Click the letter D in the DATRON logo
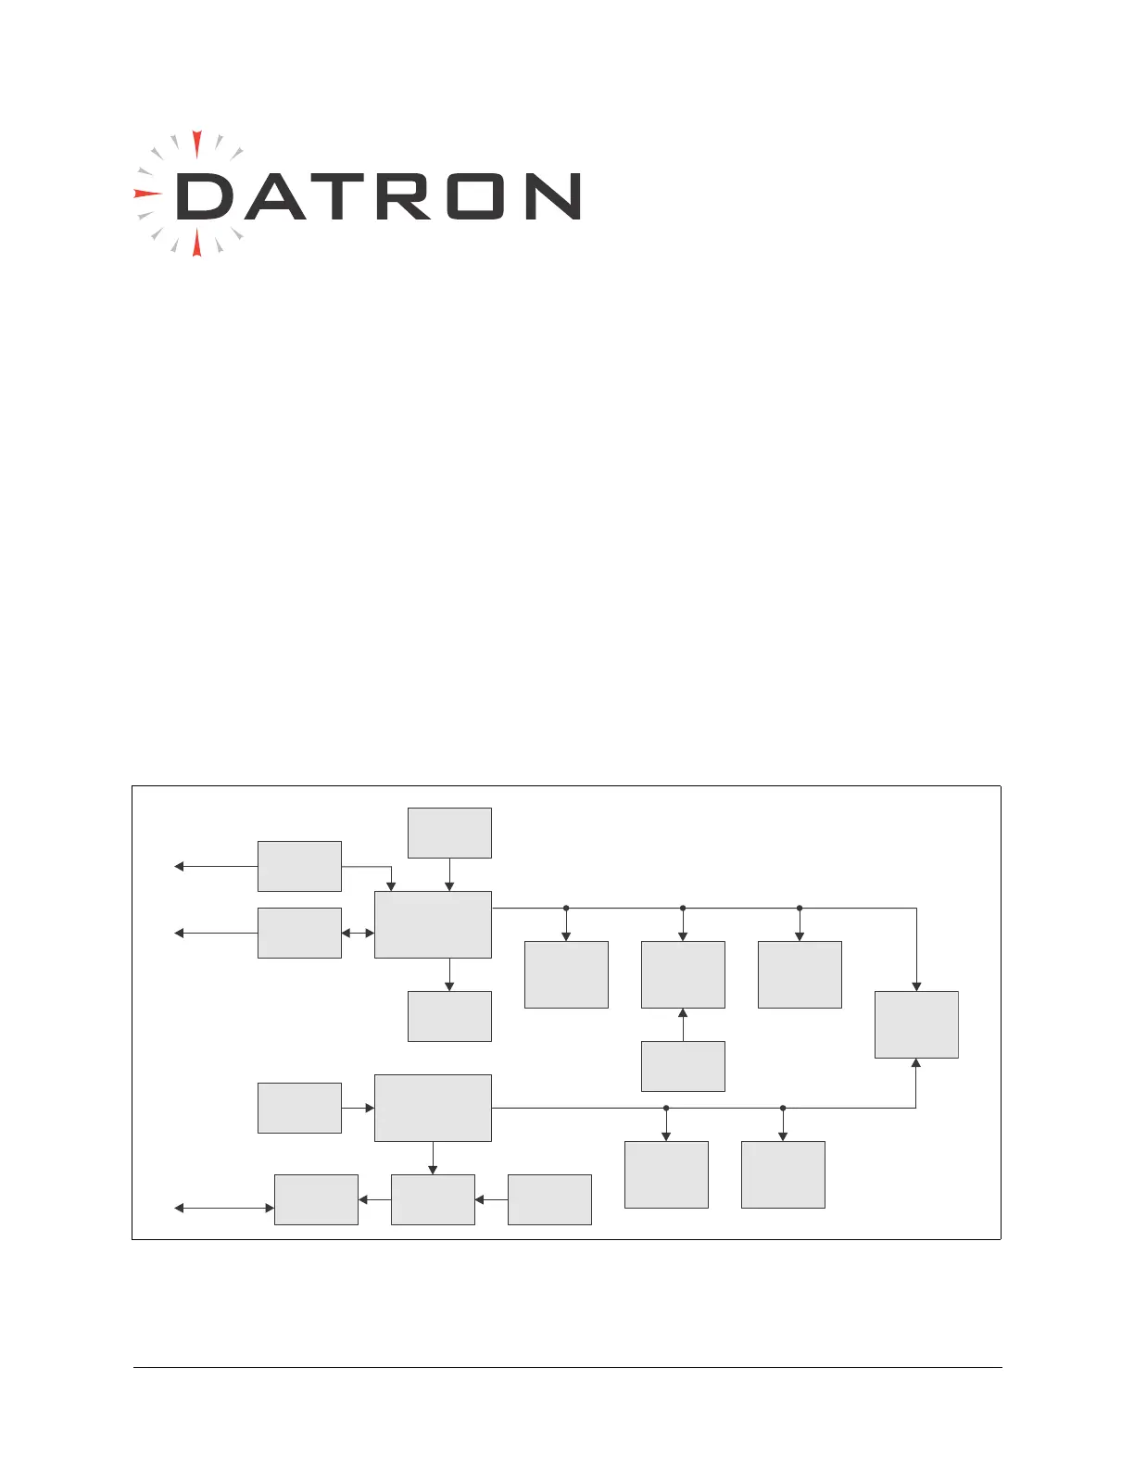[x=203, y=196]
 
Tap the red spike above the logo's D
[x=196, y=144]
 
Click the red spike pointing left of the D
[x=146, y=194]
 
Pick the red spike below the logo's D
[x=196, y=244]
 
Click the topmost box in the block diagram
[x=449, y=833]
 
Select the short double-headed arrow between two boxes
[x=358, y=933]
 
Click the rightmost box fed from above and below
[x=916, y=1024]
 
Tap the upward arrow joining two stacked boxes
[x=683, y=1024]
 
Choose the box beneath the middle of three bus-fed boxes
[x=683, y=1066]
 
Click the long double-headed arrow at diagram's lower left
[x=224, y=1208]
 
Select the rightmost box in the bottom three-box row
[x=549, y=1199]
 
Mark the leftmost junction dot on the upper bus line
[x=566, y=909]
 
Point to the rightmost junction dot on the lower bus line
[x=783, y=1108]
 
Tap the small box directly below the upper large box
[x=449, y=1016]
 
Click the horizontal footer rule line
[x=567, y=1367]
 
